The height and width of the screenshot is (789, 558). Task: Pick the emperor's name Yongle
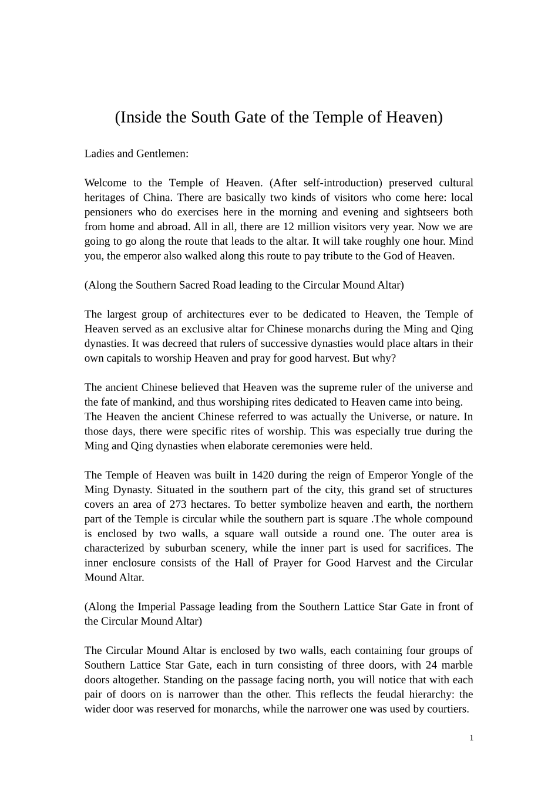[x=428, y=475]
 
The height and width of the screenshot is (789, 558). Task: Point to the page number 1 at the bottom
[x=471, y=739]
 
